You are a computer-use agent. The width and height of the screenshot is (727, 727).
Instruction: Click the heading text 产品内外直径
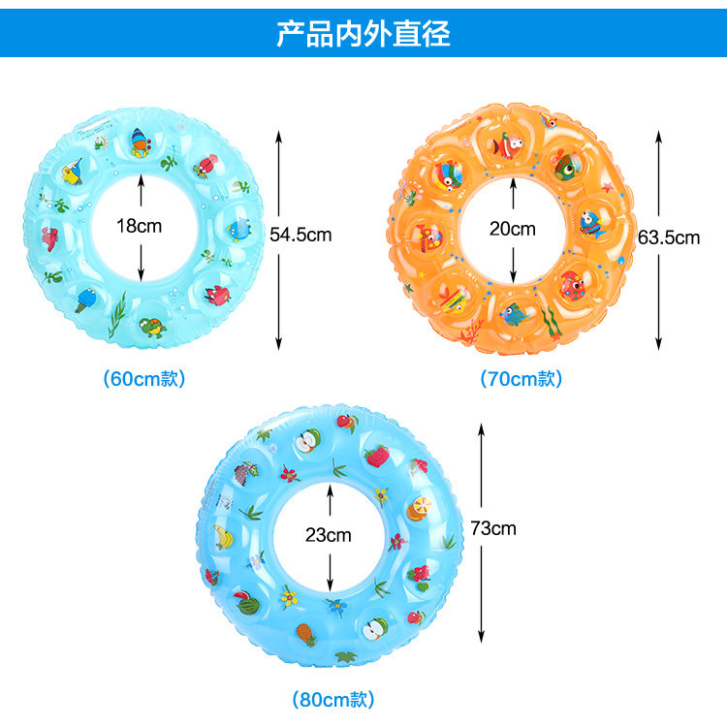coord(363,34)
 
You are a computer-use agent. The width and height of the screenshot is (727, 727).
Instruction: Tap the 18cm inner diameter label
coord(141,227)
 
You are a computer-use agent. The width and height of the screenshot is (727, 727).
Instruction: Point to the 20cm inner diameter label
coord(512,230)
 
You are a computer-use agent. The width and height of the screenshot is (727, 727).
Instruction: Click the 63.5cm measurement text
coord(669,237)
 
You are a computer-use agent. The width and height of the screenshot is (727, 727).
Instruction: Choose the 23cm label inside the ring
coord(330,534)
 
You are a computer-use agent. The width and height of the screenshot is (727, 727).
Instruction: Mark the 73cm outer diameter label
coord(493,527)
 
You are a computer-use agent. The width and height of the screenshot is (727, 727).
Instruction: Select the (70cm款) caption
coord(522,379)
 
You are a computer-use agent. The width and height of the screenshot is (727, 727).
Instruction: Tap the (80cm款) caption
coord(332,698)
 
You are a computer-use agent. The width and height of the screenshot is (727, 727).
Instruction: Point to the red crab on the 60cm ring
coord(49,237)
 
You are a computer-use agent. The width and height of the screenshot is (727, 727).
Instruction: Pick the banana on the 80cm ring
coord(222,536)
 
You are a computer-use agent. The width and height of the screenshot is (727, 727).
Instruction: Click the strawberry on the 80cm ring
coord(376,456)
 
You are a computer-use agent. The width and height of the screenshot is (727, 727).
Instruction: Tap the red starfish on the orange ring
coord(608,186)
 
